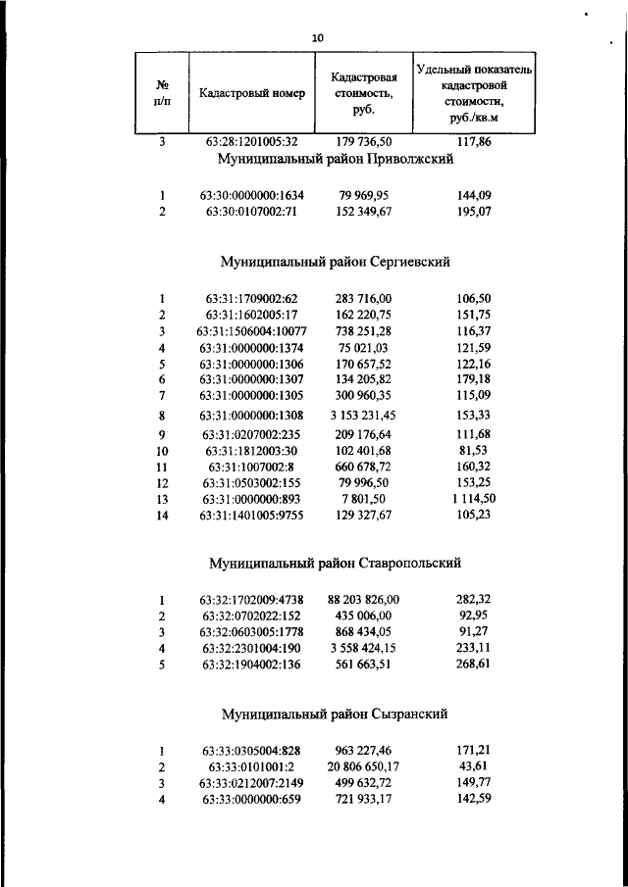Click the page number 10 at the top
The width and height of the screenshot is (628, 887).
click(316, 38)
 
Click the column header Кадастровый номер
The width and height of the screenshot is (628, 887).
click(252, 94)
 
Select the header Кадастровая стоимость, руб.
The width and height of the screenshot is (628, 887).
click(363, 94)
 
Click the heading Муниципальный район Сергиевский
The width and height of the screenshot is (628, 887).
click(335, 263)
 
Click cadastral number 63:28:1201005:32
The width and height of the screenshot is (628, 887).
click(251, 142)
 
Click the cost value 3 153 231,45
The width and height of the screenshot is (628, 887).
click(364, 416)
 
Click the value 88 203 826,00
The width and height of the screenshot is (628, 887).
click(364, 599)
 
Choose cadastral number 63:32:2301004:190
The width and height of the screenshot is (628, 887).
click(251, 648)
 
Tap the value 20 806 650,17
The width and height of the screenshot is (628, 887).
click(364, 765)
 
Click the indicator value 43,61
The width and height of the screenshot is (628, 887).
click(474, 765)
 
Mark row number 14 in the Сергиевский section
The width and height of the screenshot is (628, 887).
click(163, 515)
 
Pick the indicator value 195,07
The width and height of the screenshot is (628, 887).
click(474, 211)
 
